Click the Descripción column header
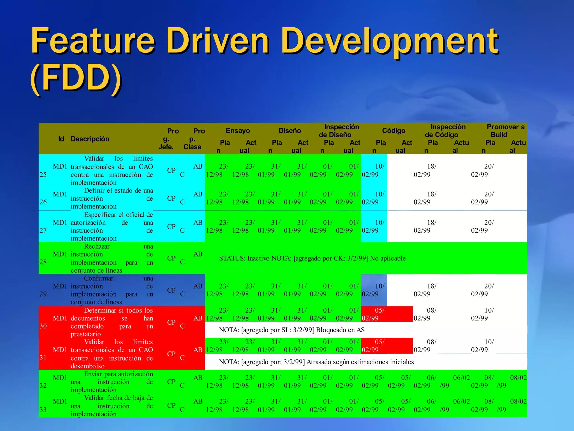90,139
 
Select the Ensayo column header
238,130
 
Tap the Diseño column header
290,130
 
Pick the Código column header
394,130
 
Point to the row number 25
43,175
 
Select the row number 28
43,262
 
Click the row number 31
43,358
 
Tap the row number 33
43,410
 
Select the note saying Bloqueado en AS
292,330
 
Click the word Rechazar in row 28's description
97,246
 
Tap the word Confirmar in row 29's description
99,278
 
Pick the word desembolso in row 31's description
87,366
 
